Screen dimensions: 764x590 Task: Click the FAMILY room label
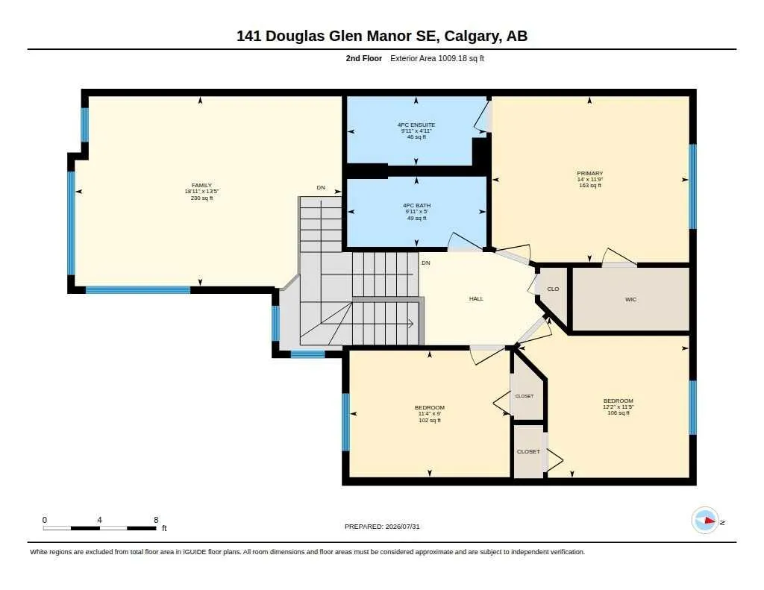click(201, 185)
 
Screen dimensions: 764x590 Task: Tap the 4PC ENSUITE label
click(416, 125)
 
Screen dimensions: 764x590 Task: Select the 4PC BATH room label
click(416, 206)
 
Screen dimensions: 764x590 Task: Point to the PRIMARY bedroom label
click(589, 174)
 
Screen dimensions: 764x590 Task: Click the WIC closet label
click(630, 300)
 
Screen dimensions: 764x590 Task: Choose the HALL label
click(476, 298)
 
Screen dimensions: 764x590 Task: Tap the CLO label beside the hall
click(553, 289)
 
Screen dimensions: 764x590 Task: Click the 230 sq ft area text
click(201, 198)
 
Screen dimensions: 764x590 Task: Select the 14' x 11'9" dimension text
click(589, 179)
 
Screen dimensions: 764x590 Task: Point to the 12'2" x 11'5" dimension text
click(619, 407)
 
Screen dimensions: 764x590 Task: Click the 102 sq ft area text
click(430, 420)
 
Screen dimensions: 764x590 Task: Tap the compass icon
click(705, 521)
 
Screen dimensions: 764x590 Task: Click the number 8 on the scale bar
click(156, 520)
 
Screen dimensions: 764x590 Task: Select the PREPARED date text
click(382, 527)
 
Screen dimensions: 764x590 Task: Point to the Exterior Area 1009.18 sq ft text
click(437, 58)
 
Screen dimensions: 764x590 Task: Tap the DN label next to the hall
click(426, 263)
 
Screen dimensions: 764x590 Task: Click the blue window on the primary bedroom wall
click(692, 186)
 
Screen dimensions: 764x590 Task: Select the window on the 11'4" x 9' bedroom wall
click(345, 422)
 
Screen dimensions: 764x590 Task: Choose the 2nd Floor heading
click(364, 58)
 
